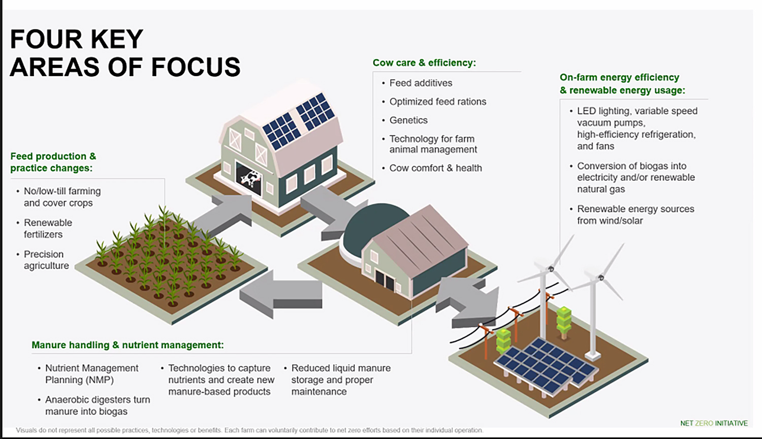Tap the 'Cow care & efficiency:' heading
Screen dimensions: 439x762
424,63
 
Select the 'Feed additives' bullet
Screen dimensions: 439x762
421,83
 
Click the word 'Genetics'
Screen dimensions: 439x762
408,120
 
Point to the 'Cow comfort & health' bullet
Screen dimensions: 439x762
435,168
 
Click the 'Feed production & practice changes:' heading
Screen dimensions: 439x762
53,162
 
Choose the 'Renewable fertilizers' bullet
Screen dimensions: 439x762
48,229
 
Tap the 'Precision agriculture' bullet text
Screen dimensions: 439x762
46,260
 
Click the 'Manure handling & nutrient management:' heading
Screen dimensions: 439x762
128,345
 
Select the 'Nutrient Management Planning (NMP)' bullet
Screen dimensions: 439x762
91,374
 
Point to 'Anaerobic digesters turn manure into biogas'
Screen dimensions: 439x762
97,405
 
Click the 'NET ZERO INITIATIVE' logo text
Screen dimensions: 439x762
714,423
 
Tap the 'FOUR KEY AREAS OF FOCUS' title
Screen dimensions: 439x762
124,53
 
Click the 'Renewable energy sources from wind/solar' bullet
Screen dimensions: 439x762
635,215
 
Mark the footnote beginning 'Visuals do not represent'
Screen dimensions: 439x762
249,430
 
